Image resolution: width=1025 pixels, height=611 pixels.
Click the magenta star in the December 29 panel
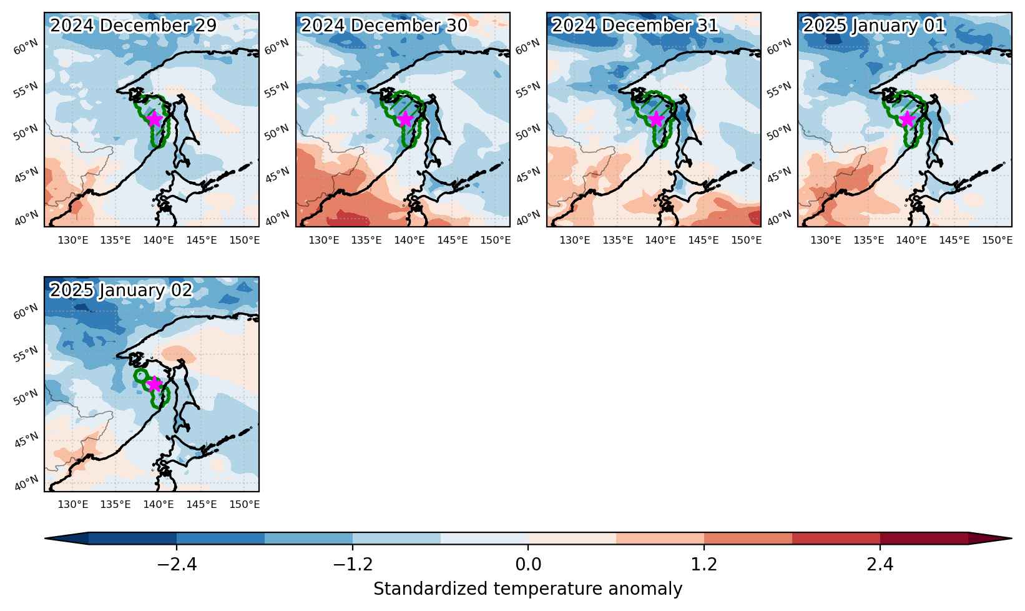point(154,119)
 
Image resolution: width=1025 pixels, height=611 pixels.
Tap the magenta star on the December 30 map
point(405,119)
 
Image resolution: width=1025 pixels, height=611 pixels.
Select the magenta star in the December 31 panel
point(656,119)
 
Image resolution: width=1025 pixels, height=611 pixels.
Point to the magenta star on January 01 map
point(907,119)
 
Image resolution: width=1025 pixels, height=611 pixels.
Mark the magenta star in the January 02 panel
point(154,384)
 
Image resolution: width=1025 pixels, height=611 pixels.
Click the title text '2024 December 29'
point(133,26)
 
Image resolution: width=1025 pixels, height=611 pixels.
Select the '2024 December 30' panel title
point(384,26)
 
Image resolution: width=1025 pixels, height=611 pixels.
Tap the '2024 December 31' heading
point(635,26)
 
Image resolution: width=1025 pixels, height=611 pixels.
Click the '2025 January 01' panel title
point(874,26)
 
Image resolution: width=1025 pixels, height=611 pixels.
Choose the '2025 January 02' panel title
point(121,291)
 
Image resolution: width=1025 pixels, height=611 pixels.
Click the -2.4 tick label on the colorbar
point(177,565)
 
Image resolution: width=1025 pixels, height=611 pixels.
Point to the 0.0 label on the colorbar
point(528,565)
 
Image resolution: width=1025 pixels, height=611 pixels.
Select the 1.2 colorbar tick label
point(704,565)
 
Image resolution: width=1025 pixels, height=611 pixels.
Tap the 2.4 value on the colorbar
point(880,565)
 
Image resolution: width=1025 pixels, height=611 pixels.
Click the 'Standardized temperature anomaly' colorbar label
point(528,589)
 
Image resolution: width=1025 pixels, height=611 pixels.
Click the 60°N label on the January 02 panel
point(26,312)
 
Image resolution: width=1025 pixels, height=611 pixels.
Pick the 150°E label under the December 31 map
point(747,241)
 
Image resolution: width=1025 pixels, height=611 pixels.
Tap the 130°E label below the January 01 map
point(825,241)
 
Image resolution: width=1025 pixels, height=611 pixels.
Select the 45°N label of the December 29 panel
point(26,175)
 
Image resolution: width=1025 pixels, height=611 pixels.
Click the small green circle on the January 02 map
point(141,375)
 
